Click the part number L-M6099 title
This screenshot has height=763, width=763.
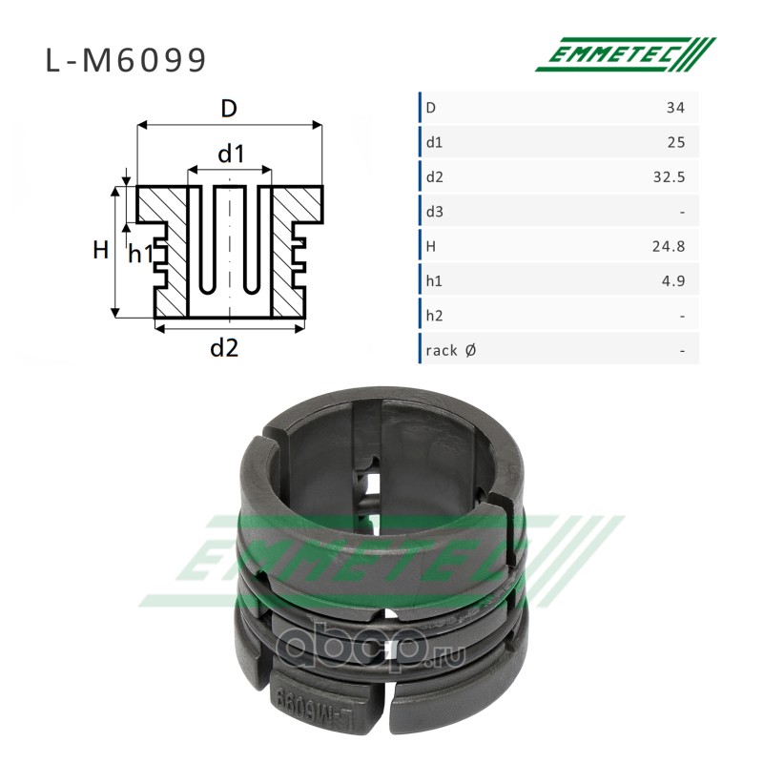tap(126, 60)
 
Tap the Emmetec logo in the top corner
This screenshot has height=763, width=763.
tap(626, 54)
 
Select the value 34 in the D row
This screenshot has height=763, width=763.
tap(675, 108)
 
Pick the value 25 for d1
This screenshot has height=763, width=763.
tap(676, 142)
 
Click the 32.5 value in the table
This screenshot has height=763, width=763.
tap(670, 177)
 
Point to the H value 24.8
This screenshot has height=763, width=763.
tap(670, 246)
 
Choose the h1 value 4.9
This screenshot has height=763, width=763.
tap(673, 280)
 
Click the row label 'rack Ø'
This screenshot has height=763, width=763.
tap(450, 350)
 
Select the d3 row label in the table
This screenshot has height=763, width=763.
tap(435, 212)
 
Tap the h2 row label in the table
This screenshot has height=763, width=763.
tap(435, 316)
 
